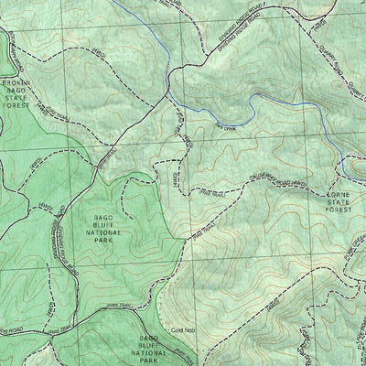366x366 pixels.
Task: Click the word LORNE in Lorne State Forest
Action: (338, 193)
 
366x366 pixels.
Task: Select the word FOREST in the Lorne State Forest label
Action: (338, 210)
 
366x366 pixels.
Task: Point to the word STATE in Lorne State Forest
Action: (338, 201)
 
